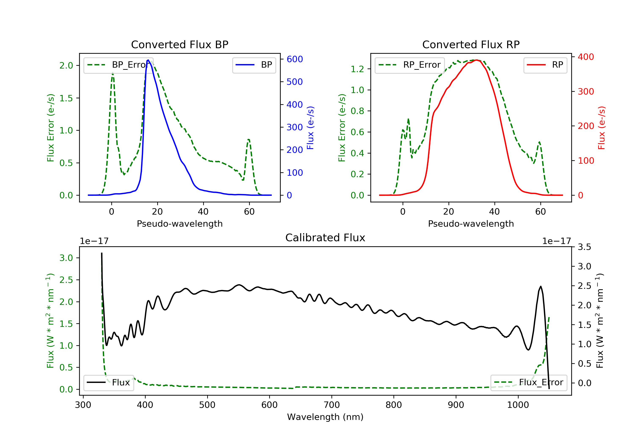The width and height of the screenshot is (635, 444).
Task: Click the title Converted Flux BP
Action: pyautogui.click(x=179, y=44)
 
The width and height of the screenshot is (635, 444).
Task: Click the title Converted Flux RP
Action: pyautogui.click(x=471, y=44)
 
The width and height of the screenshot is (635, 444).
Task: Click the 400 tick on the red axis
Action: pyautogui.click(x=586, y=57)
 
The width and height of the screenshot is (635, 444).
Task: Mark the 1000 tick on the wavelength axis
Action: pyautogui.click(x=518, y=405)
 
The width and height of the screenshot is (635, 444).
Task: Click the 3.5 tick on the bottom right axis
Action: pyautogui.click(x=584, y=247)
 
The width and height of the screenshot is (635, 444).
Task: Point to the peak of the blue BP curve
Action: pyautogui.click(x=148, y=60)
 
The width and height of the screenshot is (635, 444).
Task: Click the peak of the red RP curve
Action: pyautogui.click(x=477, y=60)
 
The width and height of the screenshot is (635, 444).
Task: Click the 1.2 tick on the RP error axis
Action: pyautogui.click(x=357, y=69)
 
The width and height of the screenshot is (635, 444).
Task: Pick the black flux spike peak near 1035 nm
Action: pyautogui.click(x=541, y=286)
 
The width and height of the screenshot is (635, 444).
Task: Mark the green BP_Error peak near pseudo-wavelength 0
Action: pyautogui.click(x=113, y=73)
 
